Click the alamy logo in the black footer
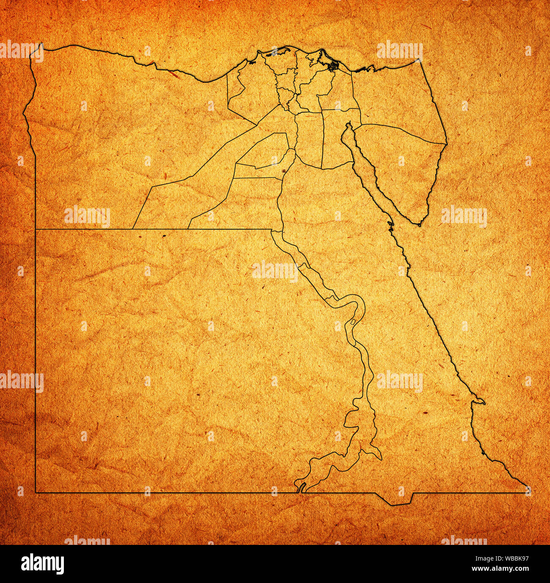coord(42,564)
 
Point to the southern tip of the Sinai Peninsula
coord(419,225)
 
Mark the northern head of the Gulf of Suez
coord(349,125)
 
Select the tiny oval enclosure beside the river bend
coord(353,322)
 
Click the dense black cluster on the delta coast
coord(334,66)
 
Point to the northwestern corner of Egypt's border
coord(42,44)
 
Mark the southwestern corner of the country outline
coord(36,492)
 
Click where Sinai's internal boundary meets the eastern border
coord(446,144)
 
